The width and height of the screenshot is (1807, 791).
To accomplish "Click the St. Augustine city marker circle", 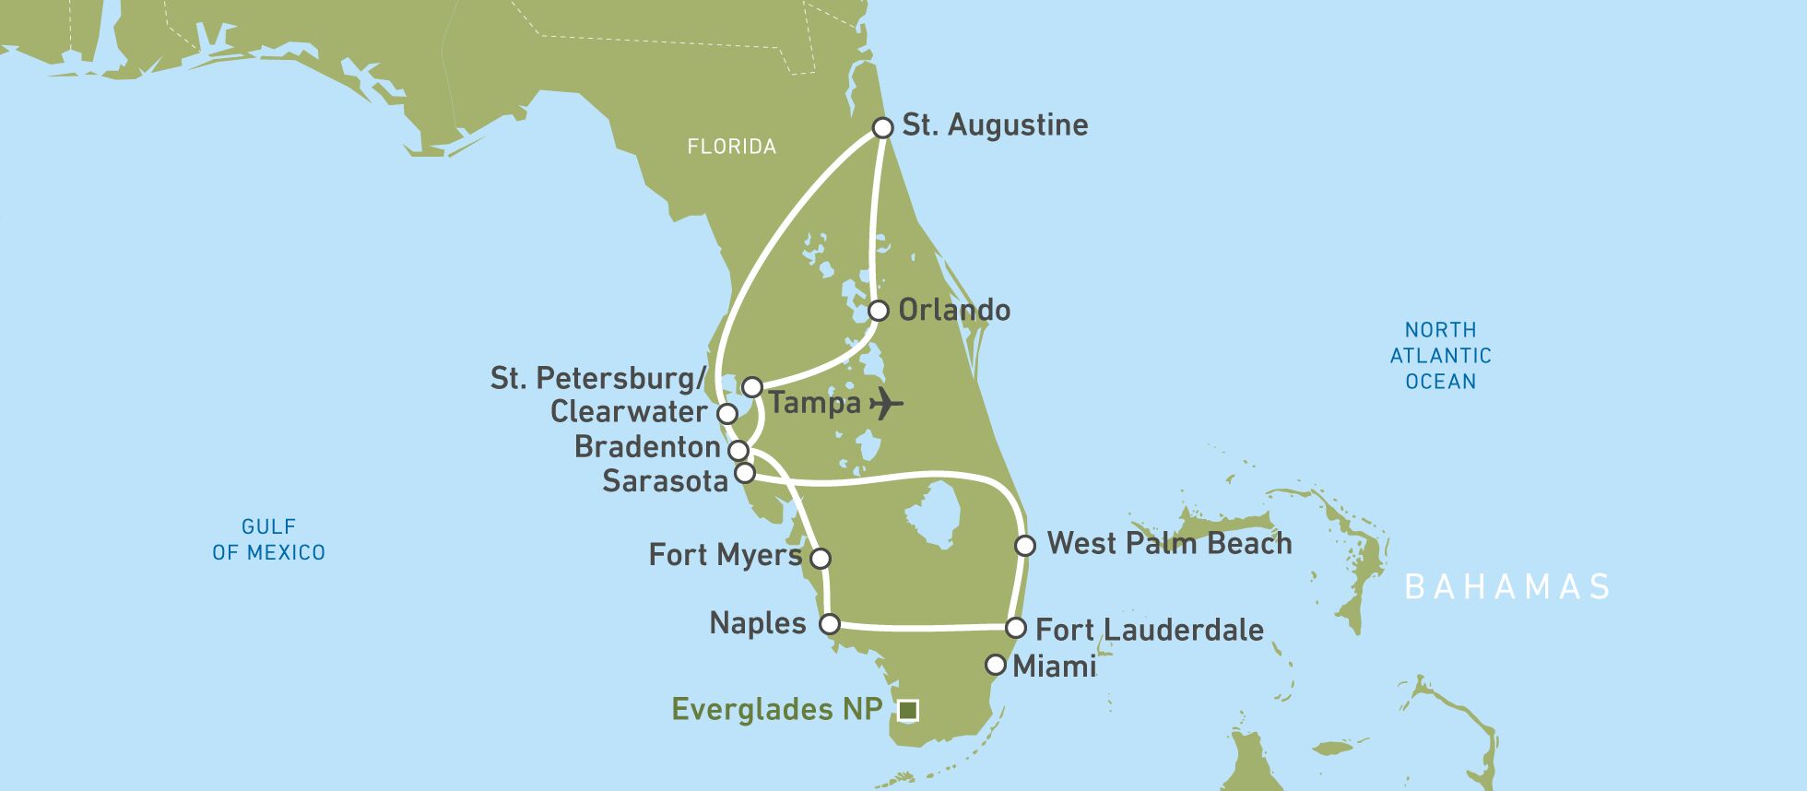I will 882,127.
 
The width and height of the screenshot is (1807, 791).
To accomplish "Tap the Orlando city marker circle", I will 878,311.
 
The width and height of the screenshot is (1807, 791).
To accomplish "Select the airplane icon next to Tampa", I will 886,403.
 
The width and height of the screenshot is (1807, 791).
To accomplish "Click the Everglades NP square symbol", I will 908,710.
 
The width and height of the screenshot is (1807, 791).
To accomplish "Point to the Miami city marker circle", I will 995,665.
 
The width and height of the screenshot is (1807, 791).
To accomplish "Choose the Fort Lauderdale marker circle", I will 1015,629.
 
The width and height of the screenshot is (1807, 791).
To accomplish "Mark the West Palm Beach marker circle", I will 1024,546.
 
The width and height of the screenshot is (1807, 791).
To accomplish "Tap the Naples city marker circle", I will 829,624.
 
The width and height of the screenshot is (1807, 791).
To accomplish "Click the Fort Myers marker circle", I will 820,559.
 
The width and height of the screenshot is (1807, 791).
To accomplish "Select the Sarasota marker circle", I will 745,474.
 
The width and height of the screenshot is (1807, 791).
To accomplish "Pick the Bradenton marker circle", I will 738,451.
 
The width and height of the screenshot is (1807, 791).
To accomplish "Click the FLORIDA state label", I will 731,147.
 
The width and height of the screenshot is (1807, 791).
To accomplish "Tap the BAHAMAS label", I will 1506,586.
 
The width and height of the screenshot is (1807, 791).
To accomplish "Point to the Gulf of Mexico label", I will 268,539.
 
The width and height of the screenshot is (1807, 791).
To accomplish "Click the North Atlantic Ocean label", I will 1440,356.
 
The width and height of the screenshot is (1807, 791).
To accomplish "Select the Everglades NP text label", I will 776,710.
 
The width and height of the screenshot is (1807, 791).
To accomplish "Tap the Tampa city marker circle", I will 752,386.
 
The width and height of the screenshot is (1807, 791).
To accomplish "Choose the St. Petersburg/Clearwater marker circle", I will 727,413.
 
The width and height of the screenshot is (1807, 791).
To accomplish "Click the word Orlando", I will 954,311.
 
